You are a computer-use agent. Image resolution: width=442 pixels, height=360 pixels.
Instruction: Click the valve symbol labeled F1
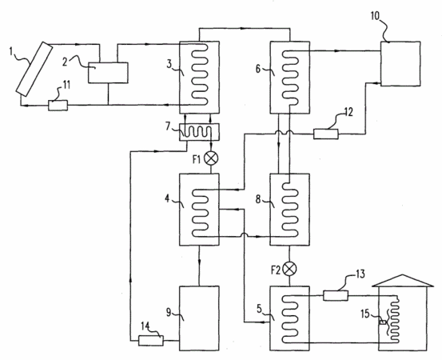tap(211, 158)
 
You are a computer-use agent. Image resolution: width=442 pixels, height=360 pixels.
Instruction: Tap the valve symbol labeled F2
tap(290, 269)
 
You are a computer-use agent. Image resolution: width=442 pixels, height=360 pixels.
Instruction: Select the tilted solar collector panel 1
tap(34, 69)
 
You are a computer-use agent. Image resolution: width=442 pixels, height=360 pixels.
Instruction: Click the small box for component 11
tap(58, 106)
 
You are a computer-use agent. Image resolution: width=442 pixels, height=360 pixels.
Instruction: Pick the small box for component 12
tap(326, 134)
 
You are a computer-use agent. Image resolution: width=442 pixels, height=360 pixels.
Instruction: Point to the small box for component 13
tap(336, 295)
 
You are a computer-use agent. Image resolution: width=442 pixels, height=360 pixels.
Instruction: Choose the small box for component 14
tap(151, 341)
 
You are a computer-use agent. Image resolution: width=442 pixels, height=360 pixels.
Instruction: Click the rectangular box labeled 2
tap(108, 73)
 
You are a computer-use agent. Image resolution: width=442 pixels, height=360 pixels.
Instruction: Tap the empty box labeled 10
tap(400, 64)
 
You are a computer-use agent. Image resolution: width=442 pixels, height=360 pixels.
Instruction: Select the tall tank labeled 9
tap(199, 318)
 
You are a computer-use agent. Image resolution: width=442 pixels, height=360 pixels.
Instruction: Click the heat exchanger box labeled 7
tap(199, 132)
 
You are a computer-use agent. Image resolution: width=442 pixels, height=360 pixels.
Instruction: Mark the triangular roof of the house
tap(403, 281)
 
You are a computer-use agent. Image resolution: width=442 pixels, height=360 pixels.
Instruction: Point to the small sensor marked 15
tap(383, 322)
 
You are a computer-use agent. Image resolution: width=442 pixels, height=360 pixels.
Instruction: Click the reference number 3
tap(169, 64)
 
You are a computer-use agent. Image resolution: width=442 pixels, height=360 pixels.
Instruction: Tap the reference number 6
tap(258, 69)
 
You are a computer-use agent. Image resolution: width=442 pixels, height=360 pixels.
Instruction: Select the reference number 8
tap(258, 199)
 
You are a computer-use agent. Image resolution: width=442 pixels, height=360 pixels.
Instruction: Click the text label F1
tap(197, 160)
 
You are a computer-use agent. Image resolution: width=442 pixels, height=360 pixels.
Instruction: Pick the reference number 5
tap(259, 308)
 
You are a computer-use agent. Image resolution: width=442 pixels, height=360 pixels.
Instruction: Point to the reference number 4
tap(167, 199)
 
